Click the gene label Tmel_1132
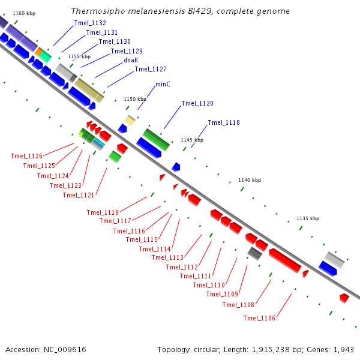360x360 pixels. [x=90, y=23]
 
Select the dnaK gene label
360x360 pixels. [x=131, y=60]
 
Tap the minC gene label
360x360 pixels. [x=163, y=84]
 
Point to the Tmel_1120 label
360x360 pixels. [x=197, y=103]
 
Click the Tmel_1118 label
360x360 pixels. [x=224, y=122]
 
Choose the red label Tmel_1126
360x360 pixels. [x=26, y=156]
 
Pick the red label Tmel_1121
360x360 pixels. [x=79, y=195]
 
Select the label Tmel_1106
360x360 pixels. [x=259, y=318]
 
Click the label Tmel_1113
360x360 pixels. [x=167, y=257]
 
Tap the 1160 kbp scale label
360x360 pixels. [x=24, y=13]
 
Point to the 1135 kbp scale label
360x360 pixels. [x=308, y=218]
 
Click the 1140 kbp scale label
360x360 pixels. [x=250, y=180]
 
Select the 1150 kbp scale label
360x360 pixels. [x=135, y=99]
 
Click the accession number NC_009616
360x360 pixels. [x=65, y=350]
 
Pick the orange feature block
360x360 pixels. [x=39, y=52]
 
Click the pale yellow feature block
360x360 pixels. [x=130, y=121]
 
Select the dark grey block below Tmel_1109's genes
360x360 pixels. [x=254, y=253]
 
